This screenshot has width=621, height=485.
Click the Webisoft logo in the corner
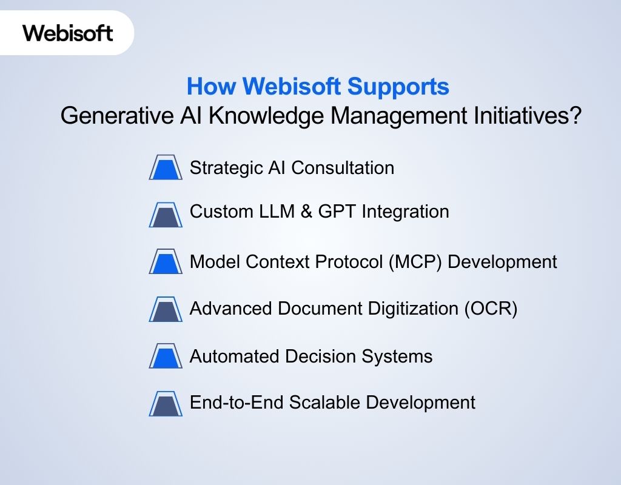[68, 33]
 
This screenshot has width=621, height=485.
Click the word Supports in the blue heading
[398, 87]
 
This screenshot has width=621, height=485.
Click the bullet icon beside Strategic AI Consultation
[166, 168]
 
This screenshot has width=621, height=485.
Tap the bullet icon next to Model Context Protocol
[166, 262]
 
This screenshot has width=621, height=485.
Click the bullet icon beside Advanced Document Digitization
[166, 309]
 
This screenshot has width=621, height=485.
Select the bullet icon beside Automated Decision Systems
[166, 356]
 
